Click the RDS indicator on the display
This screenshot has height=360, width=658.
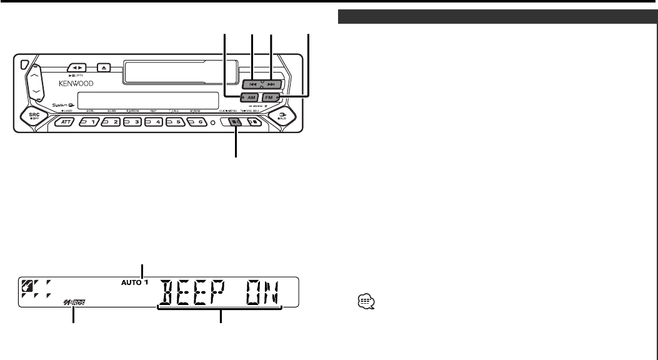tap(74, 304)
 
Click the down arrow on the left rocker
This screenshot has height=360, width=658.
tap(36, 92)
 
